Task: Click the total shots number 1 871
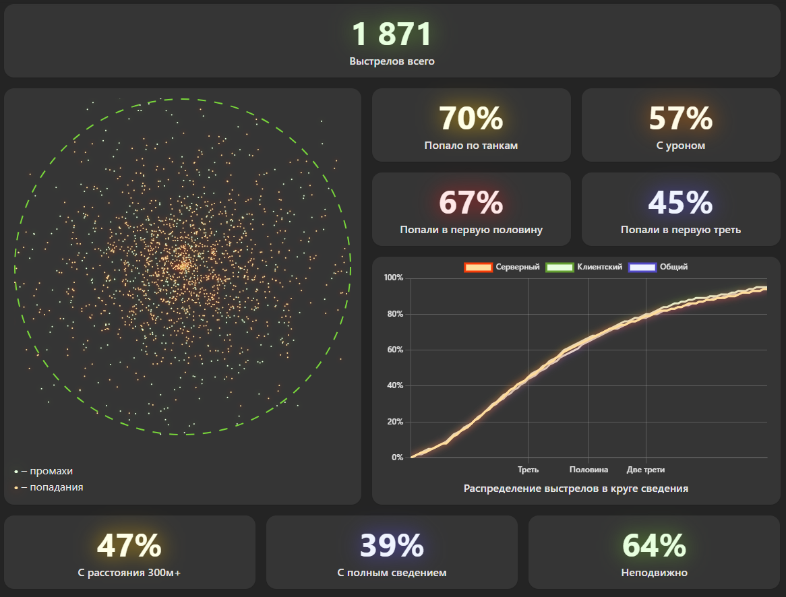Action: [392, 34]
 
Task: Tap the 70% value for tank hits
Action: [471, 119]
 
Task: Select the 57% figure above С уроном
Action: [681, 119]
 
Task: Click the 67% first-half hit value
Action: [471, 203]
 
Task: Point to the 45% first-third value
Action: [681, 203]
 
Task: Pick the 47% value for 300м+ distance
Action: [129, 545]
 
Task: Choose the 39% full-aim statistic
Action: [392, 545]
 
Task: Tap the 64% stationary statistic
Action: [654, 545]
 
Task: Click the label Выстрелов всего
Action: [392, 61]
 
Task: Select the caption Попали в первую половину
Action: [471, 230]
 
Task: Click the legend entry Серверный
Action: [502, 268]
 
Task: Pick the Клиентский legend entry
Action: [584, 268]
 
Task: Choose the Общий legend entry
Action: [658, 268]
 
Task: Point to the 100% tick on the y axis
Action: [394, 278]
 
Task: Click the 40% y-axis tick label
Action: [395, 385]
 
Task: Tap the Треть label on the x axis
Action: [528, 470]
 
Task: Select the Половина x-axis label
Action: [588, 470]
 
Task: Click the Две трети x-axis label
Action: [646, 470]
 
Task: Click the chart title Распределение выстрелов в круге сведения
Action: [576, 489]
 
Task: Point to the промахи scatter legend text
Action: [51, 471]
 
